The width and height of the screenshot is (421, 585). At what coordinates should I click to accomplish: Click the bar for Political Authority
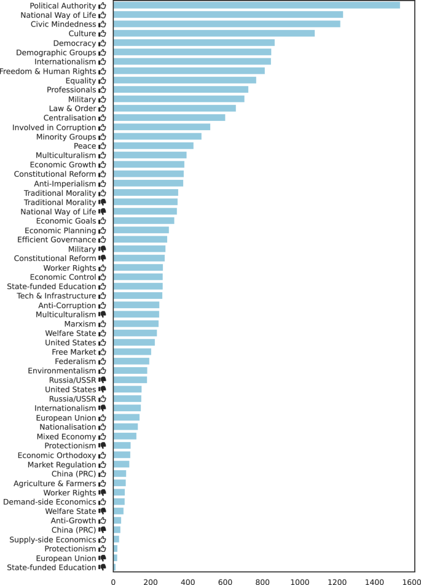(256, 6)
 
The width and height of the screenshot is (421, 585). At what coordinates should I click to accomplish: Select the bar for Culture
(214, 33)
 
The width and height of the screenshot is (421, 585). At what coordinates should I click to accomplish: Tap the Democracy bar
(194, 43)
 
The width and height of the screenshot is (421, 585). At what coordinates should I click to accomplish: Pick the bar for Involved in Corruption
(162, 127)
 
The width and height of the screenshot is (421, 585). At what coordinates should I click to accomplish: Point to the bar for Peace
(153, 146)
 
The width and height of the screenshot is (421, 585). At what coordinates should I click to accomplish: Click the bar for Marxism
(136, 323)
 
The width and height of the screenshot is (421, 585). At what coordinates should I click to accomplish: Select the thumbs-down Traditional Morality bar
(145, 202)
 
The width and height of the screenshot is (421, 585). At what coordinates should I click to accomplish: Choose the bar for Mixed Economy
(125, 436)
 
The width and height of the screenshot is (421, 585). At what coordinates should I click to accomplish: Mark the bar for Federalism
(131, 361)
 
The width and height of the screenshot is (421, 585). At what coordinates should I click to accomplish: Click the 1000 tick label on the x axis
(300, 580)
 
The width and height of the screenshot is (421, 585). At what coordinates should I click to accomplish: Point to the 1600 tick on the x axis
(412, 580)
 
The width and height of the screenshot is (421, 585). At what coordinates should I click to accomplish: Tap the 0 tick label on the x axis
(113, 580)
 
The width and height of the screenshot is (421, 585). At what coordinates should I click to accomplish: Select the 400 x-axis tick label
(188, 580)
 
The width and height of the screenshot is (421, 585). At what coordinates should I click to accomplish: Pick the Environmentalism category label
(62, 371)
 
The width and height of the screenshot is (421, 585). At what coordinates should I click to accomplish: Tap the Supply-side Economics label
(53, 540)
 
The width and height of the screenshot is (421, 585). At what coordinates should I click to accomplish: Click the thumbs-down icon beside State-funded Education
(103, 568)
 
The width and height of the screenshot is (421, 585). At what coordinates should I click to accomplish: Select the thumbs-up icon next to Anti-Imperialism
(103, 184)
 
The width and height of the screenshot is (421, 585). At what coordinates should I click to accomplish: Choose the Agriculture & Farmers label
(55, 483)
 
